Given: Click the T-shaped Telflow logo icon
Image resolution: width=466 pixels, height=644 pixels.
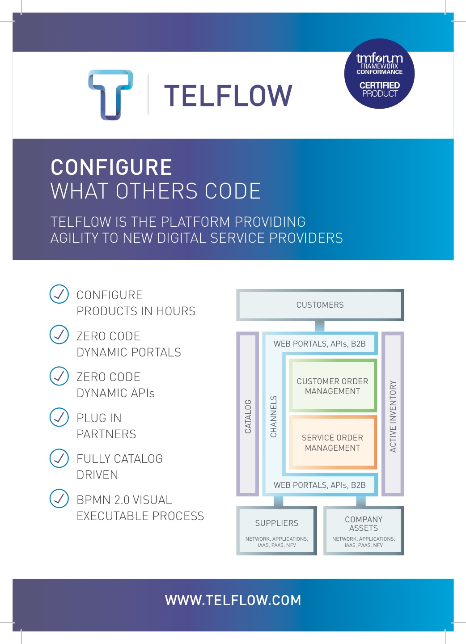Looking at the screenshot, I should click(x=110, y=94).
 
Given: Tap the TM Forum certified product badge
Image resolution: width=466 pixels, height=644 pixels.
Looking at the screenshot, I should click(x=379, y=74).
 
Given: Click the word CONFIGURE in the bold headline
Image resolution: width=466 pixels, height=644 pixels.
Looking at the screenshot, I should click(x=111, y=167).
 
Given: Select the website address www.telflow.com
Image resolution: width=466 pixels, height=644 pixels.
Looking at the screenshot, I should click(x=233, y=600).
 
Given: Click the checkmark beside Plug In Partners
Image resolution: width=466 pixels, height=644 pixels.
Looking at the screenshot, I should click(x=59, y=417).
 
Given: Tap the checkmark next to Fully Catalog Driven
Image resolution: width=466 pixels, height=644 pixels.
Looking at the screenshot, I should click(x=59, y=458).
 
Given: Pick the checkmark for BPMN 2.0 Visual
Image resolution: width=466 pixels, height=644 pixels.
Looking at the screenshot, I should click(x=59, y=499).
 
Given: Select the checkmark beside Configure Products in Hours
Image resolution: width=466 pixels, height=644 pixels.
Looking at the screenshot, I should click(x=59, y=294).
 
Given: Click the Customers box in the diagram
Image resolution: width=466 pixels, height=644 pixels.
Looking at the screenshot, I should click(x=320, y=305).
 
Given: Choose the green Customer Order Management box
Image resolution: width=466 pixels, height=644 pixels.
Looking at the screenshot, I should click(x=332, y=386).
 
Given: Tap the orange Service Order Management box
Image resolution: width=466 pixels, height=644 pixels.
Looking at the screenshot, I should click(x=332, y=442).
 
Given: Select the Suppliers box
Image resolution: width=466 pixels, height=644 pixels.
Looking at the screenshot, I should click(x=276, y=530).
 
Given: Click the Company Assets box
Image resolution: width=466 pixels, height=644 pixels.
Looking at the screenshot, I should click(x=364, y=530).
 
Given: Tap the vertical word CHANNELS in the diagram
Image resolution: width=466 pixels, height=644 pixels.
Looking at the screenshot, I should click(x=274, y=416).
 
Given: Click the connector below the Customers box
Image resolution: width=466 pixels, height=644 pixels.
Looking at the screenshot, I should click(x=320, y=326).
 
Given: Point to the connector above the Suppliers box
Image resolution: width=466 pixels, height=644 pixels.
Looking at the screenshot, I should click(x=278, y=501).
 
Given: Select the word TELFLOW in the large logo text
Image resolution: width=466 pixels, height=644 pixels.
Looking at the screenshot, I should click(x=228, y=96).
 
